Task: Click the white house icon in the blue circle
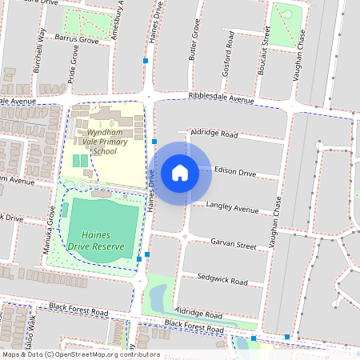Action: point(180,172)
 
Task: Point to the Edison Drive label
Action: point(235,173)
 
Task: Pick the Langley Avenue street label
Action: point(233,208)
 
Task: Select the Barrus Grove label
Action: point(76,38)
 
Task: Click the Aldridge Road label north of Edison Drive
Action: point(213,134)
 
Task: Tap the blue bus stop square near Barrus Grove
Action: point(146,61)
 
